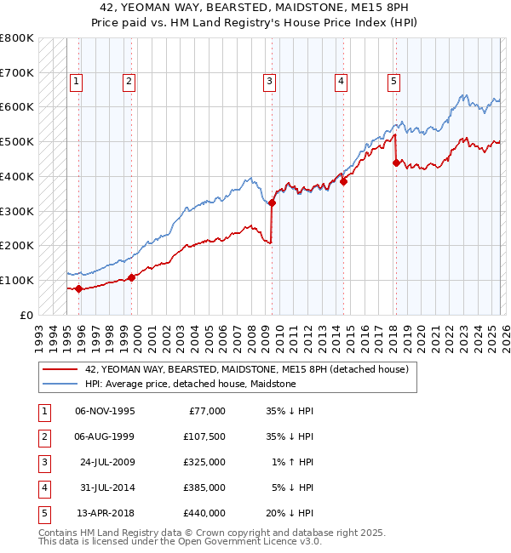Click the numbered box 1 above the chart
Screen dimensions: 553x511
pos(76,82)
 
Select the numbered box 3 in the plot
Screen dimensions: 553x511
pos(269,82)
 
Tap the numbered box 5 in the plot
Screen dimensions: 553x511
pos(394,82)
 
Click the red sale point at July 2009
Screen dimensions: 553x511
pos(273,202)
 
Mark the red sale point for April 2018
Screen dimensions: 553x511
pos(396,162)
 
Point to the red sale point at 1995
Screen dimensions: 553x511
pos(78,288)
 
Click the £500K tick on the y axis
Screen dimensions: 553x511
pos(17,141)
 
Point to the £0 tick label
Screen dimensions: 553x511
pos(26,315)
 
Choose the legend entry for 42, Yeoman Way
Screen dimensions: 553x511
pos(247,369)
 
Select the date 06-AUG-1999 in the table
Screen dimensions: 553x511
pos(105,436)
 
